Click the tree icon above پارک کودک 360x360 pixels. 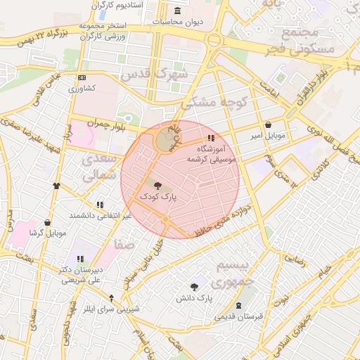coord(157,186)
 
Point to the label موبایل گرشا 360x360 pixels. coord(47,233)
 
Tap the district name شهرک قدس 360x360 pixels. coord(154,74)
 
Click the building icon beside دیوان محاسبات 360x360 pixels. coord(176,11)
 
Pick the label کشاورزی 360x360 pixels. coord(82,89)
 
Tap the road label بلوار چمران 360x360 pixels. coord(90,124)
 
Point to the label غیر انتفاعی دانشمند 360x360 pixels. coord(100,215)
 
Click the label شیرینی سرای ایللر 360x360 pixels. coord(112,309)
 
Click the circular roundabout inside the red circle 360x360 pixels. coord(167,140)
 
